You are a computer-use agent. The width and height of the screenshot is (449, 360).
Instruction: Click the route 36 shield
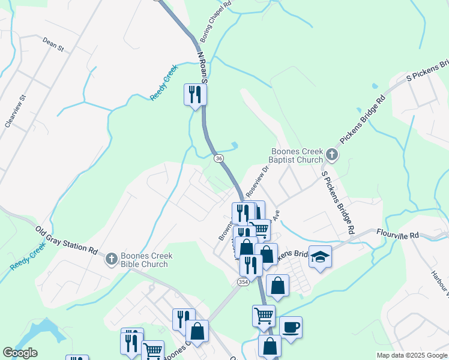click(x=218, y=158)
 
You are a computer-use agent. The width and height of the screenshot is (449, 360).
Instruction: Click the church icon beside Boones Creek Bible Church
click(x=111, y=259)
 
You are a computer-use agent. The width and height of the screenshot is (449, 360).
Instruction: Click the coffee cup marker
click(x=291, y=328)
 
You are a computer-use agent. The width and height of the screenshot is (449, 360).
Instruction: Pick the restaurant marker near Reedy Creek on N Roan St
click(x=195, y=94)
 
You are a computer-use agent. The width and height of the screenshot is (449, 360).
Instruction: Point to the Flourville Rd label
click(x=397, y=235)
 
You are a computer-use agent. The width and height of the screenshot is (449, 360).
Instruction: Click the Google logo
click(x=20, y=353)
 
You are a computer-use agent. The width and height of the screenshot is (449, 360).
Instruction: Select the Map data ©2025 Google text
click(x=412, y=355)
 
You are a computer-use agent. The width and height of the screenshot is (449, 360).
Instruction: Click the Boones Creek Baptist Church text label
click(x=297, y=156)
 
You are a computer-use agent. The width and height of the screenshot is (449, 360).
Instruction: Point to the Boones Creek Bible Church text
click(x=146, y=259)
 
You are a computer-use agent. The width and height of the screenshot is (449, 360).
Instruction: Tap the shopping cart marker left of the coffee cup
click(x=264, y=316)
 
